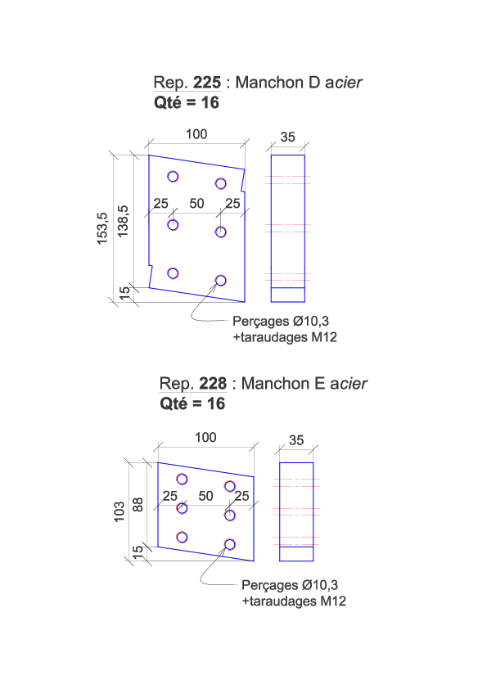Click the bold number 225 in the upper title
207,83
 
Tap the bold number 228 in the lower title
213,384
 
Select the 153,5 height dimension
102,228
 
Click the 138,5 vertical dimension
123,221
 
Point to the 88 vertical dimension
138,504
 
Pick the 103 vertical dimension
119,511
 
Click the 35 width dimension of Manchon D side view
288,137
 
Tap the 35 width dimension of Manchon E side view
296,440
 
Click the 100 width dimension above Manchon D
196,134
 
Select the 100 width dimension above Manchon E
205,437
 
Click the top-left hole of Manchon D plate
174,177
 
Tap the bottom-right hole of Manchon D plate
221,281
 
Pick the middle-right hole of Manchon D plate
221,232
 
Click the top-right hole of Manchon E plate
230,486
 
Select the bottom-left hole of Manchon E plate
182,538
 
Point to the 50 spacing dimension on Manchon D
197,204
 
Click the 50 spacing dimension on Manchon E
205,496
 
